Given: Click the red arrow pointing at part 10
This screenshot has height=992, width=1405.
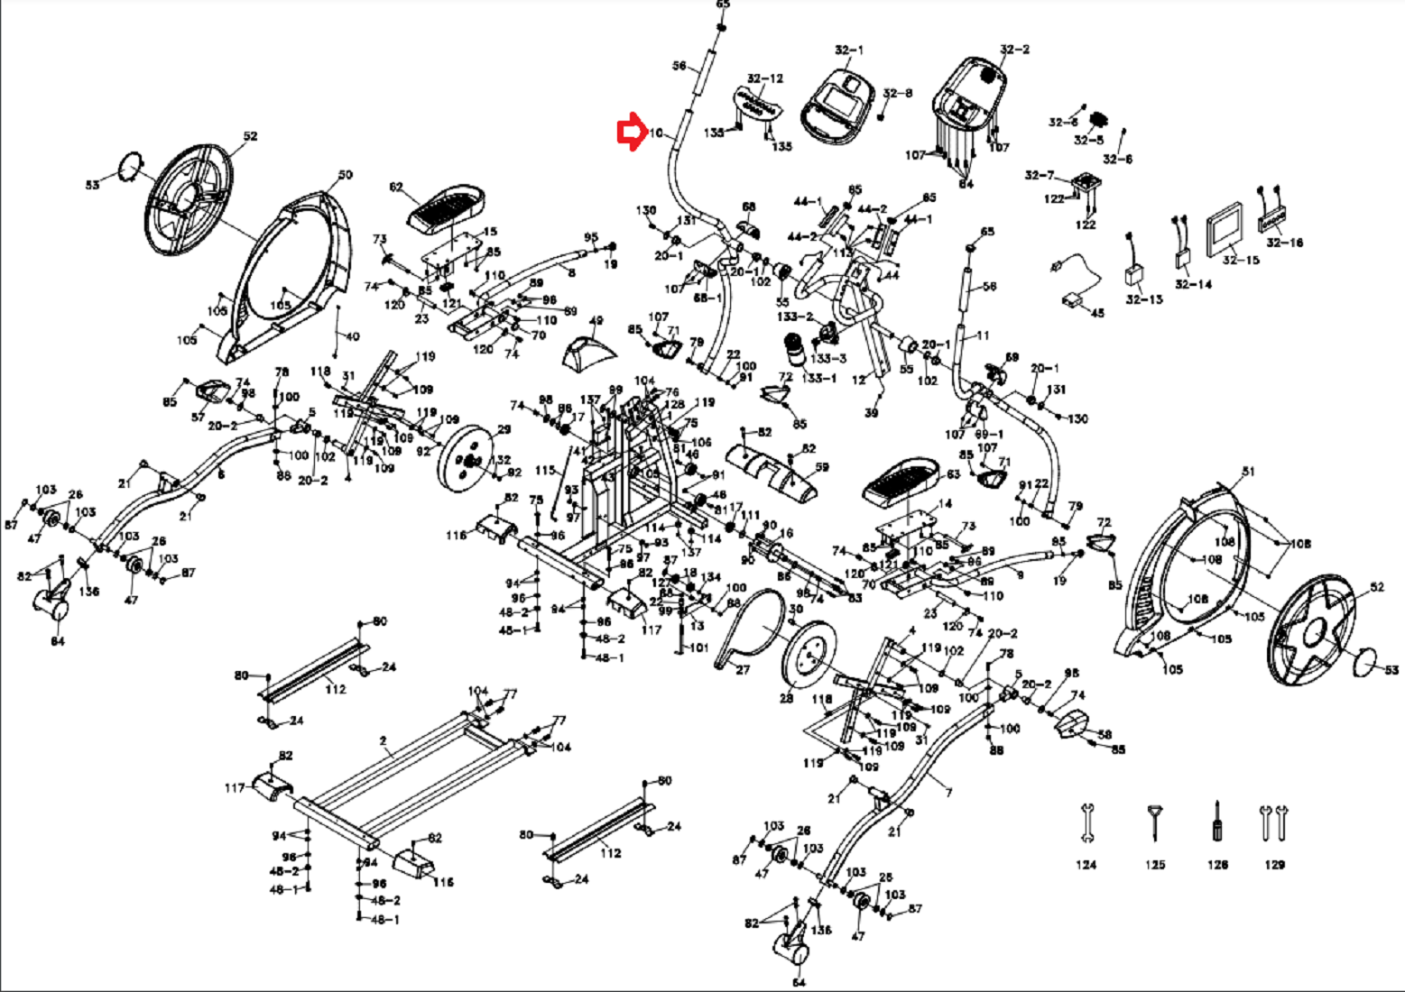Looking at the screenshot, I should (x=629, y=133).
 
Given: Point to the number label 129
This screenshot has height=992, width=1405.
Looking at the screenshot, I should (x=1274, y=865).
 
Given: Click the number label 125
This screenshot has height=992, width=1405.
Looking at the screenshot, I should (x=1155, y=865).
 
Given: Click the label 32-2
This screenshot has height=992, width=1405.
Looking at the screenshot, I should (x=1014, y=50).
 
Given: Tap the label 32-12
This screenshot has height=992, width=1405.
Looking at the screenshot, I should (x=765, y=79).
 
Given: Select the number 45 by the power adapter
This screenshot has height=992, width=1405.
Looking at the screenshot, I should (x=1097, y=313).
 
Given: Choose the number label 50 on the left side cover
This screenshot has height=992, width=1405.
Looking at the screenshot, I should (x=345, y=175).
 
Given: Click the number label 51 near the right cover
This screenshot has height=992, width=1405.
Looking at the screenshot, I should (x=1249, y=472).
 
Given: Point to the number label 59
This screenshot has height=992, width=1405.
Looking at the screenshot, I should (x=821, y=468).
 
